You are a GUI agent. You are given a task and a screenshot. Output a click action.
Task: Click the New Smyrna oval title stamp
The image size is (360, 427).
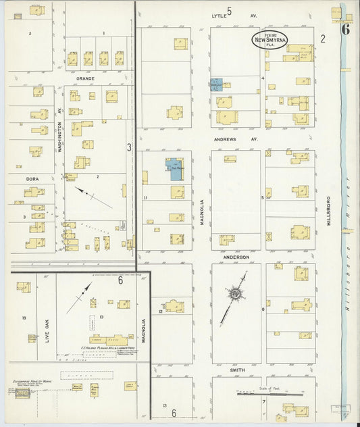coord(269,40)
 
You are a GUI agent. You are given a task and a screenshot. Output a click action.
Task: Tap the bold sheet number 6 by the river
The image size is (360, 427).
coord(345,29)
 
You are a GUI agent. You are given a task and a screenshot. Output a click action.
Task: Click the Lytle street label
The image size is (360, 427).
coord(218,14)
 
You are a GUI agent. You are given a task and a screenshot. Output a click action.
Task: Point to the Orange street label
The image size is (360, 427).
coord(85,78)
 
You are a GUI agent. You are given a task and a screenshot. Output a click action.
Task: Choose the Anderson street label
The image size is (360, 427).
coord(236,257)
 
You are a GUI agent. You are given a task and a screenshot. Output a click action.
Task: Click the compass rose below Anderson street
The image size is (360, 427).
coord(235,294)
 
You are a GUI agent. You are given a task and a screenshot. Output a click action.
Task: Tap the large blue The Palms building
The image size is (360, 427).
coord(174,168)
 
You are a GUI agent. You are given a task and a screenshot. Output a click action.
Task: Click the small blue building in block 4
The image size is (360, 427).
coord(215,85)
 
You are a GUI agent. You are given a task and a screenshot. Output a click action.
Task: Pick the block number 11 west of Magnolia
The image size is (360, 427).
coord(145,197)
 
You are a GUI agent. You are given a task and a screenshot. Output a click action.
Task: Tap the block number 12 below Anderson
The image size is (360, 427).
coord(161,311)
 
